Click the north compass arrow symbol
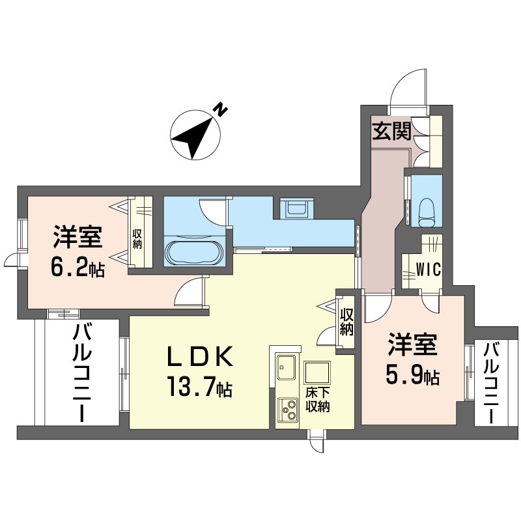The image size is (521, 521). (x=193, y=137)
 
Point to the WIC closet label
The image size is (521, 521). (x=427, y=269)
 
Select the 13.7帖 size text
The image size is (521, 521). (x=199, y=389)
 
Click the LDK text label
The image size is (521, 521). (x=198, y=357)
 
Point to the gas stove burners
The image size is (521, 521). (x=287, y=409)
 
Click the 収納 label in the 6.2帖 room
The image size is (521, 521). (x=137, y=238)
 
